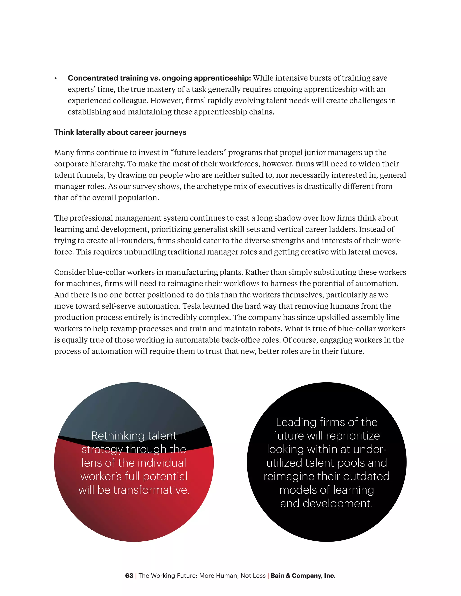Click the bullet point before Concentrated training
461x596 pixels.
(x=56, y=78)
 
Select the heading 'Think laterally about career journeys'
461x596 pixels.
(x=120, y=132)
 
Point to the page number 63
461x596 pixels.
(x=129, y=576)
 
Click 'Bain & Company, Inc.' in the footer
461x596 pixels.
(x=303, y=576)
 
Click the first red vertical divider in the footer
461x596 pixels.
(x=136, y=576)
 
